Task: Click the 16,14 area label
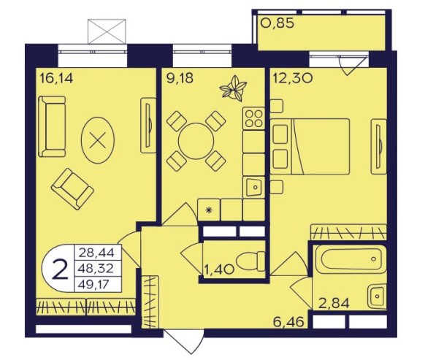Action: [x=56, y=79]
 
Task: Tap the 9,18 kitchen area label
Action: [x=180, y=78]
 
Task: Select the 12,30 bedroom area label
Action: [x=293, y=78]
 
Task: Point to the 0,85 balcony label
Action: [x=277, y=23]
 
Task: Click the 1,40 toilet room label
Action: [x=219, y=269]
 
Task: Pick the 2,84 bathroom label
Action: [x=334, y=303]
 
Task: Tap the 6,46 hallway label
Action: [x=288, y=322]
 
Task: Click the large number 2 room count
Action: [x=60, y=269]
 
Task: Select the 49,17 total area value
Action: [x=93, y=285]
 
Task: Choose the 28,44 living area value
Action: [x=96, y=253]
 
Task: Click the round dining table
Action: [x=196, y=141]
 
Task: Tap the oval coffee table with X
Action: [x=98, y=140]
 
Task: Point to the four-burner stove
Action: [x=253, y=118]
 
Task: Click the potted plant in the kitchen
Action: [x=233, y=88]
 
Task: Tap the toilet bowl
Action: [x=250, y=261]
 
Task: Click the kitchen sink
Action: [x=253, y=187]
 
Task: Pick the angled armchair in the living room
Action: [x=72, y=189]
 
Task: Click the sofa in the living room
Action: [x=52, y=126]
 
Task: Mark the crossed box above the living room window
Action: [x=107, y=31]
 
